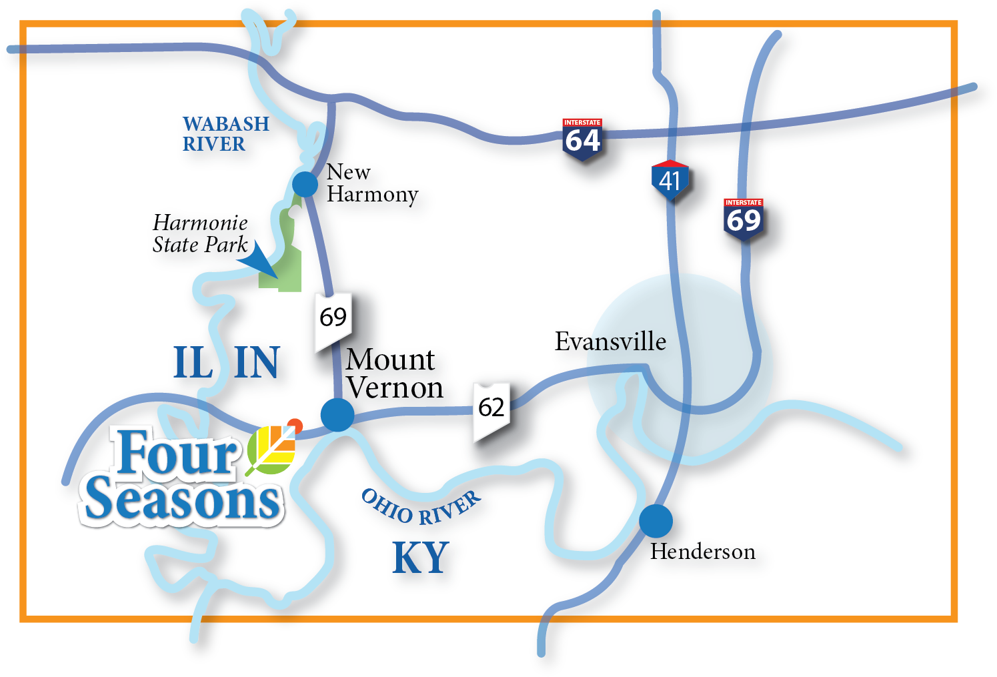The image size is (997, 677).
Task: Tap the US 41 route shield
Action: click(670, 180)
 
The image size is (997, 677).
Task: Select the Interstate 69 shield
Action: click(743, 219)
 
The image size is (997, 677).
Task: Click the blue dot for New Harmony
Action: click(305, 183)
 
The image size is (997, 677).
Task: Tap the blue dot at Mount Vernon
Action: click(337, 414)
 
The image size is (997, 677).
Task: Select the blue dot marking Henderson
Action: click(656, 521)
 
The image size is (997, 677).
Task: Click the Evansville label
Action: click(610, 342)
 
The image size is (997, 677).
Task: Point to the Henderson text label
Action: click(702, 552)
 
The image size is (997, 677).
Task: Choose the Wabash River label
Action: click(225, 133)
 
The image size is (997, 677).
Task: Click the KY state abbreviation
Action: click(420, 558)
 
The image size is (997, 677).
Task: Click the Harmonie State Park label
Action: click(200, 233)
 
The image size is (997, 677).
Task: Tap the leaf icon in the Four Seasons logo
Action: click(272, 448)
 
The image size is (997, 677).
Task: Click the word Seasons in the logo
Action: click(182, 501)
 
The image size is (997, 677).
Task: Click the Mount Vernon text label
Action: click(393, 374)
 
